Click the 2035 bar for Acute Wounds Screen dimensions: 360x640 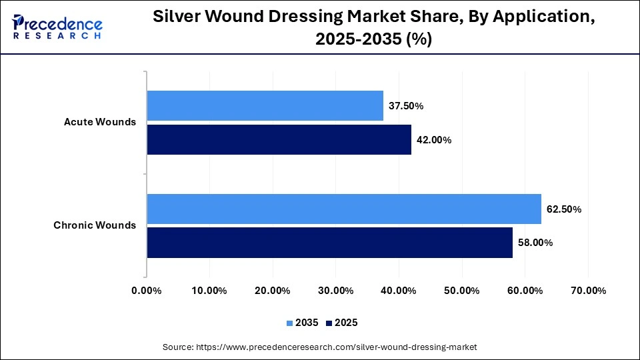point(265,105)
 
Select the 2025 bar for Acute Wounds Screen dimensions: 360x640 point(279,140)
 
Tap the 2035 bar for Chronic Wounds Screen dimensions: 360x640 point(344,209)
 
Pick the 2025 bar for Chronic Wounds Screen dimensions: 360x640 point(330,243)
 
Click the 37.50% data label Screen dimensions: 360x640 point(407,106)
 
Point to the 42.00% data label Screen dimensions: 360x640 point(435,140)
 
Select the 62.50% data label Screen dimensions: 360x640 point(564,209)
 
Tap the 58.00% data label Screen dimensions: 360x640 point(535,243)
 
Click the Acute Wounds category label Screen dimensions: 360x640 point(100,122)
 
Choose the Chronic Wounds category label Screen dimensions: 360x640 point(95,225)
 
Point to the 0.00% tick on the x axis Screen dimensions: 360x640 point(147,291)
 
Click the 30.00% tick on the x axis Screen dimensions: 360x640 point(335,291)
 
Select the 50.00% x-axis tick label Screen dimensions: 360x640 point(461,291)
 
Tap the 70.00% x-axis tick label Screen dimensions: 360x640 point(588,291)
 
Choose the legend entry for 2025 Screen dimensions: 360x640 point(342,323)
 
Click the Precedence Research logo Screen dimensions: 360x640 point(57,27)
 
